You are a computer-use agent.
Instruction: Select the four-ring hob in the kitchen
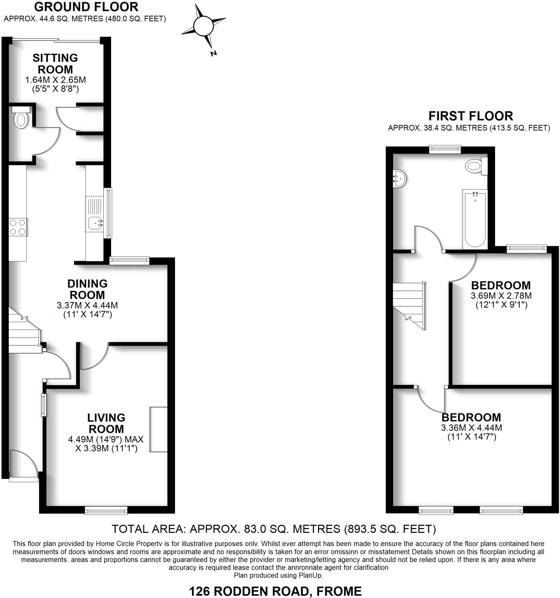(x=18, y=227)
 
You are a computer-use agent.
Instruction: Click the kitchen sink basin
(x=96, y=223)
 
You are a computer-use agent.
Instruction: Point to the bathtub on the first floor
(x=475, y=219)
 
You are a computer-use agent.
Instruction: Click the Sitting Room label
(x=55, y=63)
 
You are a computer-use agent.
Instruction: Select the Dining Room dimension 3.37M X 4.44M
(x=87, y=305)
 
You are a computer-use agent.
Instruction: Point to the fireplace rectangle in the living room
(x=158, y=429)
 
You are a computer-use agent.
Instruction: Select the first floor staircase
(x=409, y=306)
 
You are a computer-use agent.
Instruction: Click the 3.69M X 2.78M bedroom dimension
(x=501, y=295)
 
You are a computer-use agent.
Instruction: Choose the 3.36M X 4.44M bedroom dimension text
(x=471, y=427)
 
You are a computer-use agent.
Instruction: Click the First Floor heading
(x=471, y=116)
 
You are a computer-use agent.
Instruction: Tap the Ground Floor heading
(x=86, y=7)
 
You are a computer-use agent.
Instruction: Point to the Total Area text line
(x=274, y=529)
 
